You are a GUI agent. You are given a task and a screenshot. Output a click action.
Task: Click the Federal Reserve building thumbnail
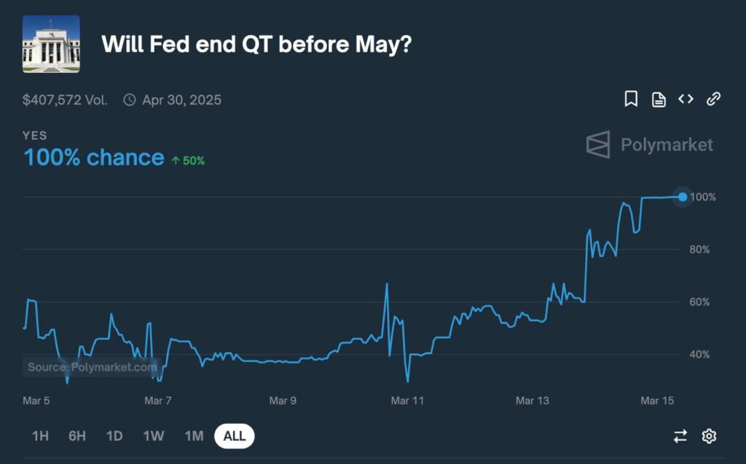point(51,44)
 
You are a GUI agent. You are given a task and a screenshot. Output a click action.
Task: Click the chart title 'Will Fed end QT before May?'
point(256,45)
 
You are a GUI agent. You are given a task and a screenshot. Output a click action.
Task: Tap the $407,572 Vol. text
point(65,100)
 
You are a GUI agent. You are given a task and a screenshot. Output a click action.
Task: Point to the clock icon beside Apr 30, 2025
point(130,100)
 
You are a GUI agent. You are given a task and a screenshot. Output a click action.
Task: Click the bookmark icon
point(631,99)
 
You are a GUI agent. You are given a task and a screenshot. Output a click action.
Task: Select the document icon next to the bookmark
point(659,99)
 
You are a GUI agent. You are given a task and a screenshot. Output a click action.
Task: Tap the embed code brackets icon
point(686,99)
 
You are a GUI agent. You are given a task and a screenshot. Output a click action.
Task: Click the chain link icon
point(713,99)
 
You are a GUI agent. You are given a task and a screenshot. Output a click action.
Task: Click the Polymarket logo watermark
point(649,144)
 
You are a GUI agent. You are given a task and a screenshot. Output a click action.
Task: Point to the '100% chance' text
point(94,158)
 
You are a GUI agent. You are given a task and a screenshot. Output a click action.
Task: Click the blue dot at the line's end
point(682,197)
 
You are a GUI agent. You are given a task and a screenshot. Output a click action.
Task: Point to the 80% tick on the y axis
point(699,250)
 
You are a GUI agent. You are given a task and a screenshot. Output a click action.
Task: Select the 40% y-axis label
point(699,355)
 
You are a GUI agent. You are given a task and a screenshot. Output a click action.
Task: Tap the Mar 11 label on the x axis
point(407,401)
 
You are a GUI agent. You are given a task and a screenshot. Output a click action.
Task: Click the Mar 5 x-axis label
point(36,401)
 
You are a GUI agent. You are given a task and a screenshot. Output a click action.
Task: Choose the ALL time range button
point(234,436)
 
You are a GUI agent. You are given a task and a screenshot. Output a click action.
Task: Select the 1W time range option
point(153,436)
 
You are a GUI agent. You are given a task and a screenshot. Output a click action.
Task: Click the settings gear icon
point(709,436)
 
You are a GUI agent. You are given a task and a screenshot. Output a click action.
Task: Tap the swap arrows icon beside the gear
point(680,436)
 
